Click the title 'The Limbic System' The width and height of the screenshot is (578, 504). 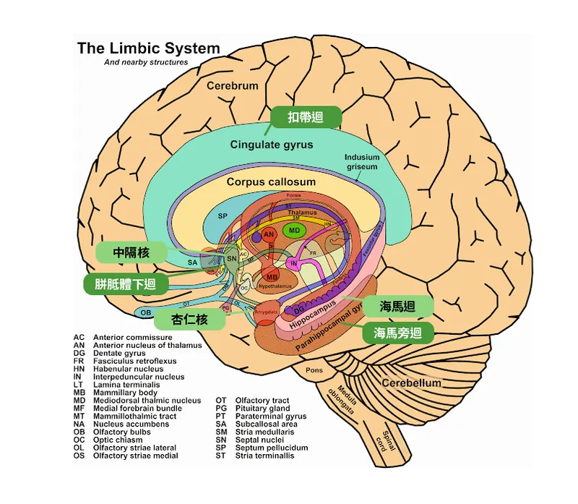[x=148, y=49]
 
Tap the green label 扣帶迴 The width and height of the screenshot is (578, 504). [x=306, y=117]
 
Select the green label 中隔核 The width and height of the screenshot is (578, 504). [x=131, y=253]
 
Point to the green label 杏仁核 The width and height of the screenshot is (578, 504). [x=189, y=319]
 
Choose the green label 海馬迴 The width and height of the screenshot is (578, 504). [x=397, y=306]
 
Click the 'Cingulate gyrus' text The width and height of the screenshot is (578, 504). [x=272, y=145]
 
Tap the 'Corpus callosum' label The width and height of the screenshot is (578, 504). [x=271, y=182]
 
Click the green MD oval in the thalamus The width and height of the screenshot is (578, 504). [x=294, y=231]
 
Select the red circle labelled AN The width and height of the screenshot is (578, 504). [x=269, y=235]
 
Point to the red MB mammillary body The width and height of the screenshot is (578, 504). [x=272, y=277]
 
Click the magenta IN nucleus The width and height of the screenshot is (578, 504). [x=294, y=264]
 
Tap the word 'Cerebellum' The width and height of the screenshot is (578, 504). [x=411, y=383]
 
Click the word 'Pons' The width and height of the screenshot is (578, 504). [x=314, y=370]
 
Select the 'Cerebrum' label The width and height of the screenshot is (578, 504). [x=232, y=86]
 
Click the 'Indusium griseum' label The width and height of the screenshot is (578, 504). [x=361, y=162]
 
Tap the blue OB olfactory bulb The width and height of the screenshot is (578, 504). [x=145, y=312]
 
